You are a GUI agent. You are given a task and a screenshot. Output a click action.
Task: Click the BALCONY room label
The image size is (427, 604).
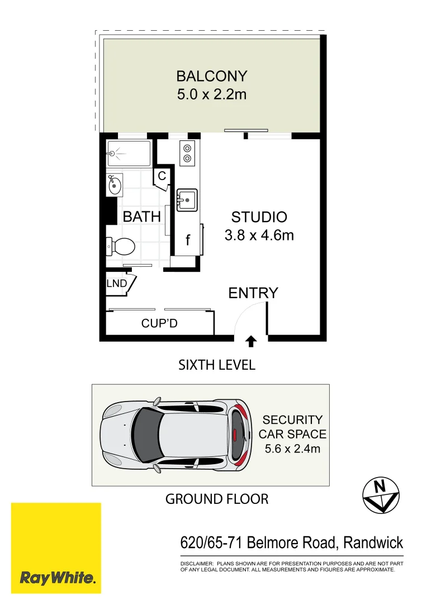(x=211, y=75)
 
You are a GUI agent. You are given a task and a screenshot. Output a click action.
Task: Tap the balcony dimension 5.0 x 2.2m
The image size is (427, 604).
(x=211, y=94)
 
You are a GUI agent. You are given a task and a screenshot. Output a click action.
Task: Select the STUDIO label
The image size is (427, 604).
(x=259, y=217)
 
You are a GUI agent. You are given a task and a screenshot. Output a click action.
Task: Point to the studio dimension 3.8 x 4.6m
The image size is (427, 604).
(x=259, y=235)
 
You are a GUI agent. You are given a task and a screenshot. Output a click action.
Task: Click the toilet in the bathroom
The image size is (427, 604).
(x=121, y=246)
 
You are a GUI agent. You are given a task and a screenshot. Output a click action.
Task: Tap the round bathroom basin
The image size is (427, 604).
(x=115, y=185)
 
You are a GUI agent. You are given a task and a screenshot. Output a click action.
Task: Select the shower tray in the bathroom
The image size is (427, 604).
(x=129, y=153)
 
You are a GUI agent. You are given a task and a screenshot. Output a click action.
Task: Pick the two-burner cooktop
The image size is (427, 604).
(x=187, y=153)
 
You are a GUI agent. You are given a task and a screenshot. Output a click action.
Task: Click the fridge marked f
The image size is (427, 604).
(x=188, y=240)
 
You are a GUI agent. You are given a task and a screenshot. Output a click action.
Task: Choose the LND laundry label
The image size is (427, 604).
(x=117, y=284)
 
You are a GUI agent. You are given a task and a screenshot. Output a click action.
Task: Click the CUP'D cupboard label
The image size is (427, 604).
(x=159, y=323)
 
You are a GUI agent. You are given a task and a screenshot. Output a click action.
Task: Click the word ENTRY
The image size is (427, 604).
(x=253, y=292)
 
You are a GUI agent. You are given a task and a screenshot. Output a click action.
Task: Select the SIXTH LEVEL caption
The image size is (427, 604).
(x=217, y=365)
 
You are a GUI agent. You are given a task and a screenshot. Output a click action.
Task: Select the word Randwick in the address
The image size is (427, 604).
(x=373, y=542)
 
